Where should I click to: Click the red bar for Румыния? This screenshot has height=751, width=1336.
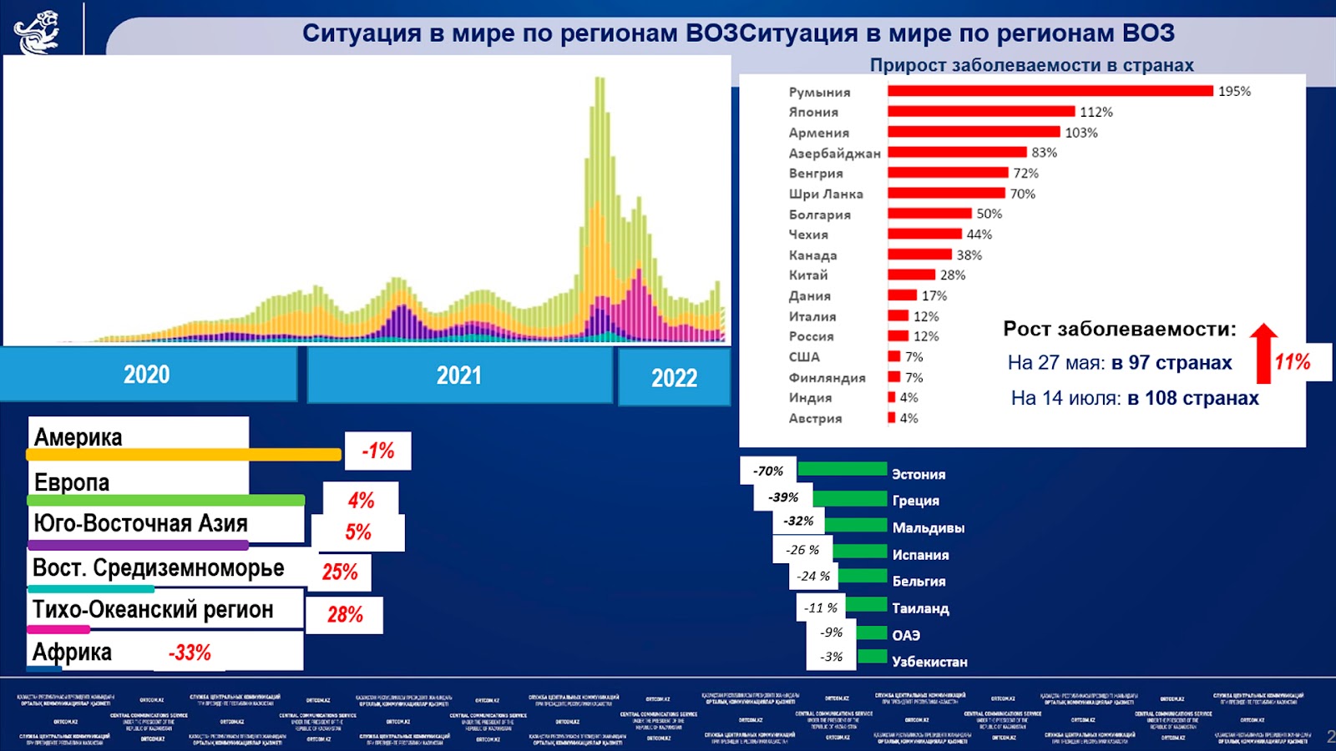pyautogui.click(x=1050, y=91)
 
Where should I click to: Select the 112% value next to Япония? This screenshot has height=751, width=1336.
pyautogui.click(x=1096, y=112)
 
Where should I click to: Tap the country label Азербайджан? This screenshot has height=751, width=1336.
pyautogui.click(x=834, y=154)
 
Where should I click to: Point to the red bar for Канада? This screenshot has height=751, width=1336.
pyautogui.click(x=919, y=255)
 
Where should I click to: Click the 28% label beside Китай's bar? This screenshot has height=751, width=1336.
pyautogui.click(x=952, y=275)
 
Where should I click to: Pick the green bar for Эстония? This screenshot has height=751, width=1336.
pyautogui.click(x=842, y=469)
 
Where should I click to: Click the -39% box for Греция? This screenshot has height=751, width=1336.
pyautogui.click(x=783, y=497)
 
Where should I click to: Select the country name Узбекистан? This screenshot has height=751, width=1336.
pyautogui.click(x=929, y=662)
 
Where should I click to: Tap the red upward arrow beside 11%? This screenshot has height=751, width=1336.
pyautogui.click(x=1263, y=354)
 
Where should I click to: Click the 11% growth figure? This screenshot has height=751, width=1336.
pyautogui.click(x=1292, y=362)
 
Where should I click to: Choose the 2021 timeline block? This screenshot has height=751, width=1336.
pyautogui.click(x=459, y=375)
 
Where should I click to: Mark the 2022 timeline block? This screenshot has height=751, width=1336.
pyautogui.click(x=674, y=378)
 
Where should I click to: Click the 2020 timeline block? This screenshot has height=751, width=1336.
pyautogui.click(x=147, y=375)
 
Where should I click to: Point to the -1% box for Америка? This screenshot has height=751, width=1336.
pyautogui.click(x=377, y=451)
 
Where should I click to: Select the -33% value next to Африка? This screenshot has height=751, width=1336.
pyautogui.click(x=190, y=653)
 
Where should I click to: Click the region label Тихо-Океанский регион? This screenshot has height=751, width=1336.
pyautogui.click(x=153, y=610)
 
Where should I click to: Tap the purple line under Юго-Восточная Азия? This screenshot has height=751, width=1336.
pyautogui.click(x=138, y=545)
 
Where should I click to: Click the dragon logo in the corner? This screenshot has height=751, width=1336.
pyautogui.click(x=37, y=32)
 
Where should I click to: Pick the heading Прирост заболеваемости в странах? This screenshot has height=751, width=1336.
pyautogui.click(x=1031, y=65)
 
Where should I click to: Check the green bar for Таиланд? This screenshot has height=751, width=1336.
pyautogui.click(x=866, y=604)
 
